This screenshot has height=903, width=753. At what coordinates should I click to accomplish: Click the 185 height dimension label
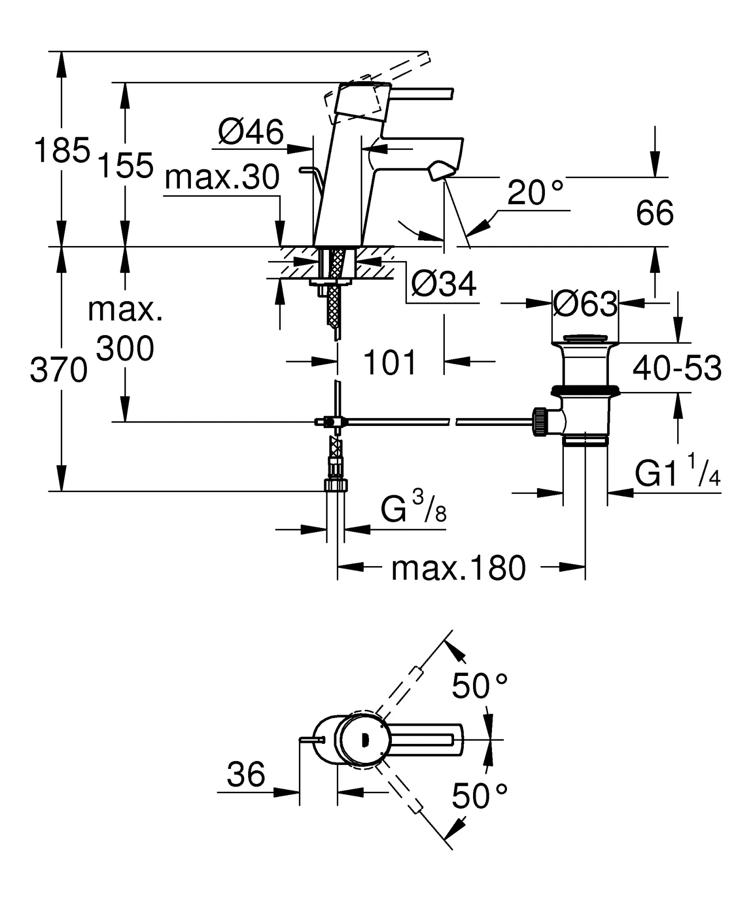pos(62,150)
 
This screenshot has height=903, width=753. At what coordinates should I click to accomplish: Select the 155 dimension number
pos(125,165)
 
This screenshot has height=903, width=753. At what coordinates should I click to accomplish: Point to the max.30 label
pos(222,177)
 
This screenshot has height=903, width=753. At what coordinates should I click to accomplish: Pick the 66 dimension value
pos(655,213)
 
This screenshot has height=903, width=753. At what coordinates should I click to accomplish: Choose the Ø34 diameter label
pos(444,284)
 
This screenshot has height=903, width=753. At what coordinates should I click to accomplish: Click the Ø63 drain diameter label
pos(585,304)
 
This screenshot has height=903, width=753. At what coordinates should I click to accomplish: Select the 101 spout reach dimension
pos(390,362)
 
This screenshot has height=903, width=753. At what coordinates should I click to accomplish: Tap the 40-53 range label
pos(677,368)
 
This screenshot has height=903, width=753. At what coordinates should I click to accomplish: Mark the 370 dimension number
pos(59,370)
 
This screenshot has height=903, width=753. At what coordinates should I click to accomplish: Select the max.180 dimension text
pos(459,568)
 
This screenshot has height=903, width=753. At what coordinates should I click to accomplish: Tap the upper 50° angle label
pos(480,687)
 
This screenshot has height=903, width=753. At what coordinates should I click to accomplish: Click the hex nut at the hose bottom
pos(336,485)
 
